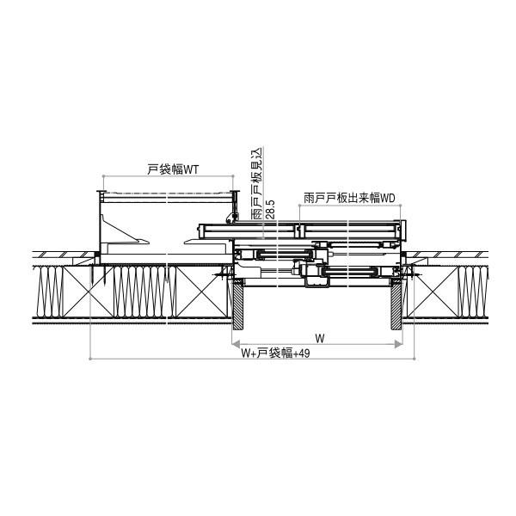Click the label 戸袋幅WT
pyautogui.click(x=173, y=170)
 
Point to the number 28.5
pyautogui.click(x=269, y=211)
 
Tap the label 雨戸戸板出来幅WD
pyautogui.click(x=349, y=197)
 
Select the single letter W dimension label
pyautogui.click(x=319, y=336)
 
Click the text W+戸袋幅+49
pyautogui.click(x=274, y=353)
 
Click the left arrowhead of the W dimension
pyautogui.click(x=236, y=345)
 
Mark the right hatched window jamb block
pyautogui.click(x=398, y=306)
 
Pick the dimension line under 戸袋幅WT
pyautogui.click(x=168, y=181)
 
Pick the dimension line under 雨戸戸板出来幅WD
pyautogui.click(x=349, y=206)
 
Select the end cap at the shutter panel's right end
pyautogui.click(x=399, y=230)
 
